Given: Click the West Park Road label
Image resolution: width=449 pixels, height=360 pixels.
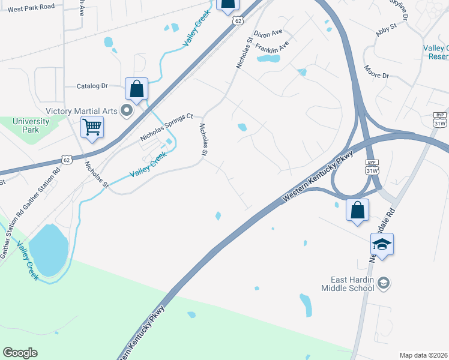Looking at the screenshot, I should (x=31, y=7).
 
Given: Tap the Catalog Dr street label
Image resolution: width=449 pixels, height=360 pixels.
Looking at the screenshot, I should (x=92, y=86).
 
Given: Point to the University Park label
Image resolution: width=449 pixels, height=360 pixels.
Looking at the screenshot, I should (x=26, y=125).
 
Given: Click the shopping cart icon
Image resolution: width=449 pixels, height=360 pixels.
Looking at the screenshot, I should (x=92, y=127).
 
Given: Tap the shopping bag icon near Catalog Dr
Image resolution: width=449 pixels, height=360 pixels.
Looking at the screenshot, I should (x=137, y=89).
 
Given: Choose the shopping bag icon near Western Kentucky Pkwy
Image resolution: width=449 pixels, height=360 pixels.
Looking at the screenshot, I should (x=358, y=211).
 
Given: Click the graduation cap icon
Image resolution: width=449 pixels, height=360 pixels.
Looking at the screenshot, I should (x=382, y=244).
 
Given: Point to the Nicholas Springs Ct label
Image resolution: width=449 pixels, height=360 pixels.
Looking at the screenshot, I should (x=166, y=128).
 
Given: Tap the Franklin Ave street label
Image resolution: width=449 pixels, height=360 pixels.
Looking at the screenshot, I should (x=272, y=46).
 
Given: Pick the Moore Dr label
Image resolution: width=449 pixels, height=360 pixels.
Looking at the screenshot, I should (x=376, y=72).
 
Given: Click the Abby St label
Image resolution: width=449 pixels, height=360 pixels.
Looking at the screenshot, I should (x=387, y=28).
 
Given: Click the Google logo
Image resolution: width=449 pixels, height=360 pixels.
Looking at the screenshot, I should (x=20, y=353).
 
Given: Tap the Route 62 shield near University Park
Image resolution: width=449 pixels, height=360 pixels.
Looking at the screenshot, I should (x=68, y=160).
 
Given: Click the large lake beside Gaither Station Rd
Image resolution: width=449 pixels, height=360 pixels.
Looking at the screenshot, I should (x=48, y=247).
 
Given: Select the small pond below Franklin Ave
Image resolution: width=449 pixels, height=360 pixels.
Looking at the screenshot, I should (x=268, y=59).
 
